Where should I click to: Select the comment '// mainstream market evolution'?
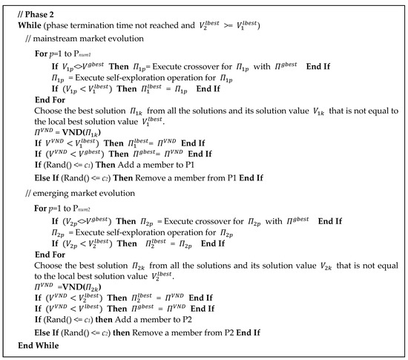(83, 37)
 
